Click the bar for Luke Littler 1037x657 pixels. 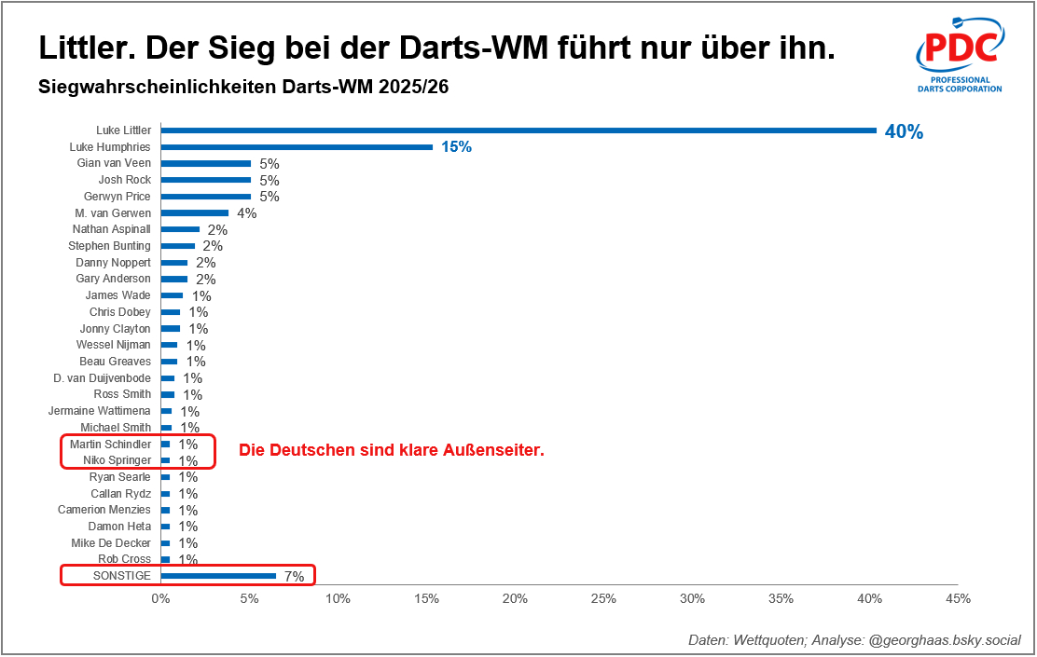(x=518, y=130)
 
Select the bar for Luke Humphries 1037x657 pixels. (x=297, y=147)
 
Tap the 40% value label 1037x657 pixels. (x=904, y=132)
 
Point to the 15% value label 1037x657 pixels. (x=457, y=147)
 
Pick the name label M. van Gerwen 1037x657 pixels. (x=112, y=212)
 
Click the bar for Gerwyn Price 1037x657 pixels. (x=206, y=197)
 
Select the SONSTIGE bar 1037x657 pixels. (x=218, y=576)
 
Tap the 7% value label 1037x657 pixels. (x=294, y=577)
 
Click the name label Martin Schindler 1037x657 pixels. (x=110, y=444)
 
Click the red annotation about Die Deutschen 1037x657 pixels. (x=392, y=451)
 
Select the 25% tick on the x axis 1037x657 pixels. (x=603, y=598)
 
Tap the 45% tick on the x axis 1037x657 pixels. (x=958, y=598)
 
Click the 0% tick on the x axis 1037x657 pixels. (x=160, y=598)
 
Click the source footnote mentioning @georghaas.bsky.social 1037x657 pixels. (x=854, y=640)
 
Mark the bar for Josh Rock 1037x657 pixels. (x=206, y=180)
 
